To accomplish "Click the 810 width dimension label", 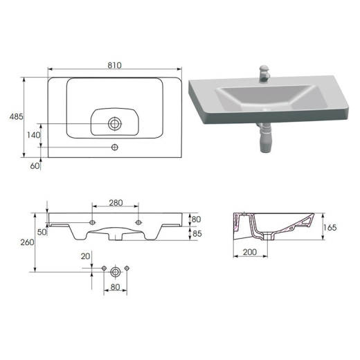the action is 114,65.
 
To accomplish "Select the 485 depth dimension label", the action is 17,117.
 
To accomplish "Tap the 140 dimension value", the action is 34,135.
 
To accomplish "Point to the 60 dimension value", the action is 35,165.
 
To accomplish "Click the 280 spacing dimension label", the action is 116,203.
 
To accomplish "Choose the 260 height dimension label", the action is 27,242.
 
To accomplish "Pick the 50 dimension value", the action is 42,232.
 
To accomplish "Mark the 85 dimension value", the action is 197,233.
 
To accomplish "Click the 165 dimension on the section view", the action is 330,228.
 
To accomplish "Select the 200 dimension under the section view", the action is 250,252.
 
